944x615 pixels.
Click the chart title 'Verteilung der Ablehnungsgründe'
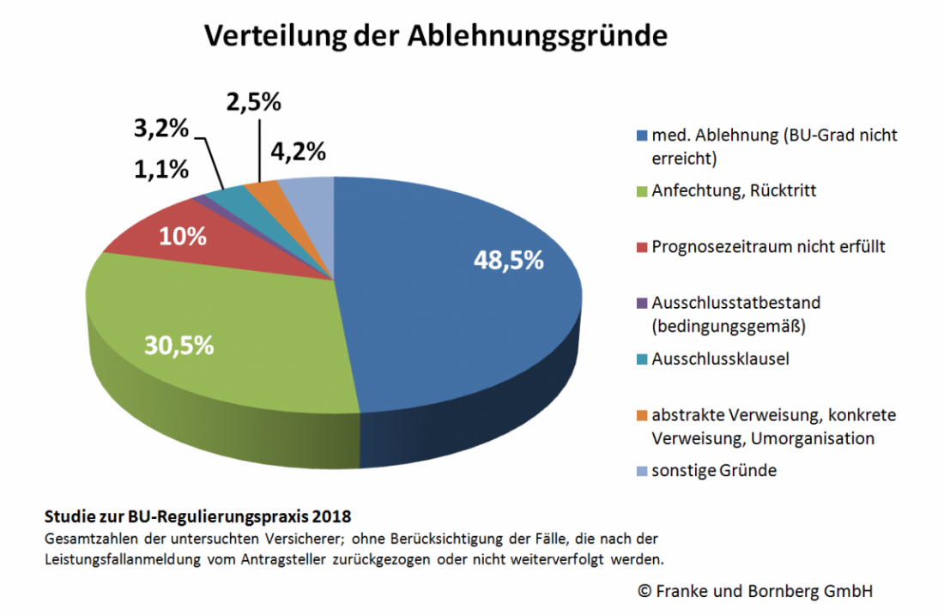tap(434, 36)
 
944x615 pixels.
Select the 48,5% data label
tap(509, 261)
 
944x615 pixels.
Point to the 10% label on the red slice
tap(184, 236)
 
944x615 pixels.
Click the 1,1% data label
tap(160, 169)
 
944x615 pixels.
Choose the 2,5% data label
tap(253, 101)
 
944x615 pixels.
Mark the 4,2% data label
tap(298, 152)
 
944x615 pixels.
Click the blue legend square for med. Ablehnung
tap(641, 136)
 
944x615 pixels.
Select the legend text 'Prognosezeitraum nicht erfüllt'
tap(768, 247)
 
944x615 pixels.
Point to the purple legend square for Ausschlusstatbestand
tap(641, 303)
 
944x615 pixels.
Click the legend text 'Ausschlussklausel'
tap(720, 359)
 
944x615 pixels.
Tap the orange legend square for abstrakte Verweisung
tap(641, 415)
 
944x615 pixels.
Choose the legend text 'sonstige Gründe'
tap(714, 471)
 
